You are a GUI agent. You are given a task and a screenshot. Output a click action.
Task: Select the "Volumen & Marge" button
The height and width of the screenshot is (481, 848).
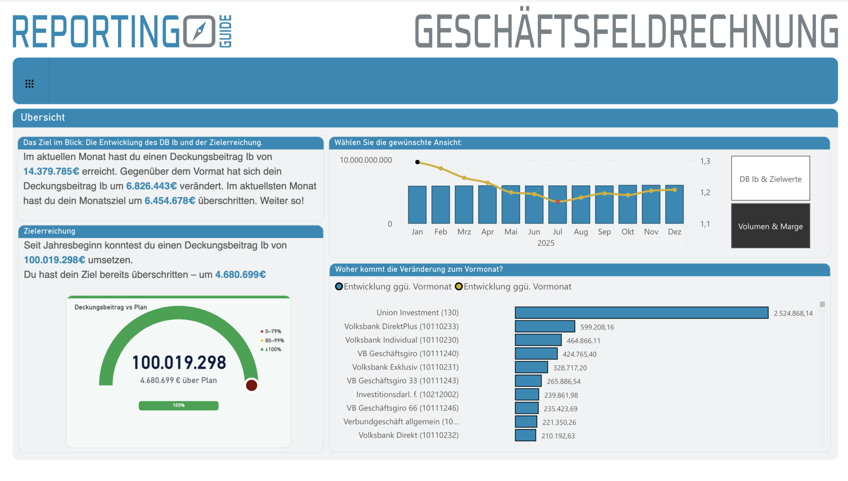(x=770, y=226)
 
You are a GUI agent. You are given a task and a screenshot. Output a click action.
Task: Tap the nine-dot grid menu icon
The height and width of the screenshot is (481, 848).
(x=29, y=84)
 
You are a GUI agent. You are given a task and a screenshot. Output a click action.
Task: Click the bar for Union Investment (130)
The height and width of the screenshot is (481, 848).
(x=641, y=313)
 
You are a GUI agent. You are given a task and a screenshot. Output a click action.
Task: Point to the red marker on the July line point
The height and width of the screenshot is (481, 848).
(x=557, y=202)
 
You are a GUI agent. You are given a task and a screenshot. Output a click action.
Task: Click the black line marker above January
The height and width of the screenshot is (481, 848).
(x=417, y=162)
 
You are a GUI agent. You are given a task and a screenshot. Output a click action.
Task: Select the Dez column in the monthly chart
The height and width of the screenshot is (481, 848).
(x=674, y=205)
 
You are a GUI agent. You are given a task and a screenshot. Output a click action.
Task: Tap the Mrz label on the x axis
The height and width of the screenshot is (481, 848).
(x=464, y=232)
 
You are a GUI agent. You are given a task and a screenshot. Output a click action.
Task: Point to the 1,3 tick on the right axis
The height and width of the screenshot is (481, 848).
(x=705, y=161)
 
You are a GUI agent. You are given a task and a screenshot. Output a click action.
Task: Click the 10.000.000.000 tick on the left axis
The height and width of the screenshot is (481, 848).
(x=366, y=160)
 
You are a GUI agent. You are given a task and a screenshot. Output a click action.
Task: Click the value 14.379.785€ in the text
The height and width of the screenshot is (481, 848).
(x=51, y=171)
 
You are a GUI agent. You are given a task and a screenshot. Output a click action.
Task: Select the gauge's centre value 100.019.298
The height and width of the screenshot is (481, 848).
(x=179, y=362)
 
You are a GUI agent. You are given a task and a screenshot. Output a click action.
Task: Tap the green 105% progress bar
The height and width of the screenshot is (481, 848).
(x=179, y=406)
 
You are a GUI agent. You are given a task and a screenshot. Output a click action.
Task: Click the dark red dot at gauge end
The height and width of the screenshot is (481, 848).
(x=251, y=385)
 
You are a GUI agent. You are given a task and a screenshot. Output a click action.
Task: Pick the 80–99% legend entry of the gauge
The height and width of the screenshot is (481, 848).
(x=273, y=341)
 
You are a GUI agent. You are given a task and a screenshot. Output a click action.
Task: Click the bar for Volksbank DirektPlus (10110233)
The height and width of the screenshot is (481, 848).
(x=545, y=326)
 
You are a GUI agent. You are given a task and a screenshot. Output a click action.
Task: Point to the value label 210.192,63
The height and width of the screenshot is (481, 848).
(x=558, y=436)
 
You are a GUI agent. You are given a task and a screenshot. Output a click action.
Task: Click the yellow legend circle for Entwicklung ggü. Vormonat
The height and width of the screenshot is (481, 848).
(x=459, y=287)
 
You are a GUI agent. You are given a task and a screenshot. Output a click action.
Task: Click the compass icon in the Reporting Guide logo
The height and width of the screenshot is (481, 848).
(x=199, y=31)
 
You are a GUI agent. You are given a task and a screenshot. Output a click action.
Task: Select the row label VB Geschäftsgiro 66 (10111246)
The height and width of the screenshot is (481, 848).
(x=402, y=408)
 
